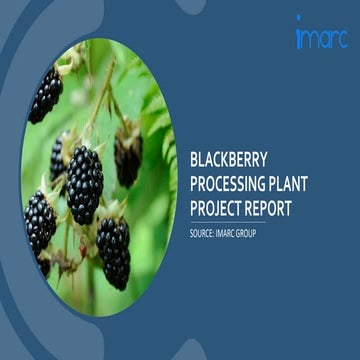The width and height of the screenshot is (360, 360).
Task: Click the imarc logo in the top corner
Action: point(321,36)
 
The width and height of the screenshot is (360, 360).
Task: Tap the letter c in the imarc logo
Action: point(340,38)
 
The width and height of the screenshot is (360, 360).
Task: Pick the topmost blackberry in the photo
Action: point(45,95)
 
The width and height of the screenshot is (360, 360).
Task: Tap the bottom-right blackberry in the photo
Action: point(114,252)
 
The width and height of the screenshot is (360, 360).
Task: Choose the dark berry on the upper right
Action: point(128,158)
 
